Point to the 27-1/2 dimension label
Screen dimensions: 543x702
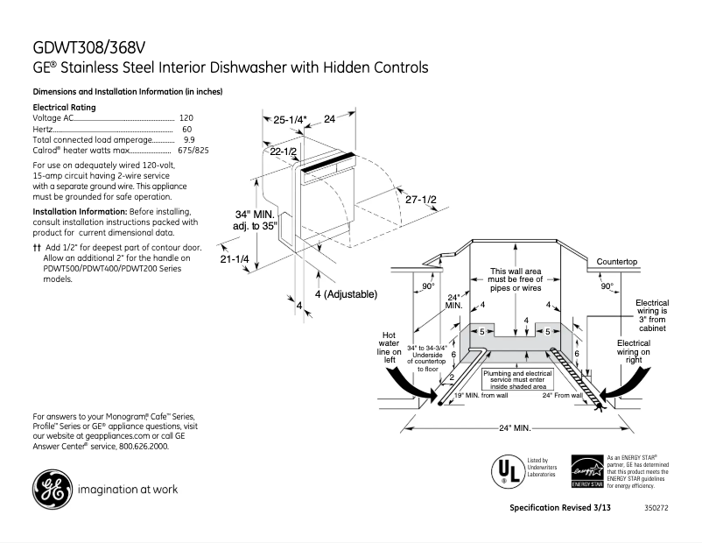[x=420, y=200]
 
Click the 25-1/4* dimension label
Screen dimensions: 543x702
[x=290, y=119]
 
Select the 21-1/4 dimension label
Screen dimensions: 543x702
[x=234, y=259]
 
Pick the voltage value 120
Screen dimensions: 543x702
[x=186, y=117]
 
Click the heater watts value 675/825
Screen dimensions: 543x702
[x=193, y=151]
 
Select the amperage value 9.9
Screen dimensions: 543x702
[x=189, y=139]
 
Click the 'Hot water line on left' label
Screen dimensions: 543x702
[x=390, y=347]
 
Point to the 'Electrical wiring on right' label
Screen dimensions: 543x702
[x=633, y=350]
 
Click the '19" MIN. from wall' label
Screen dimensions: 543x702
[x=481, y=396]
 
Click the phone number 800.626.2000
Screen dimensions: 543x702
[x=141, y=446]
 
